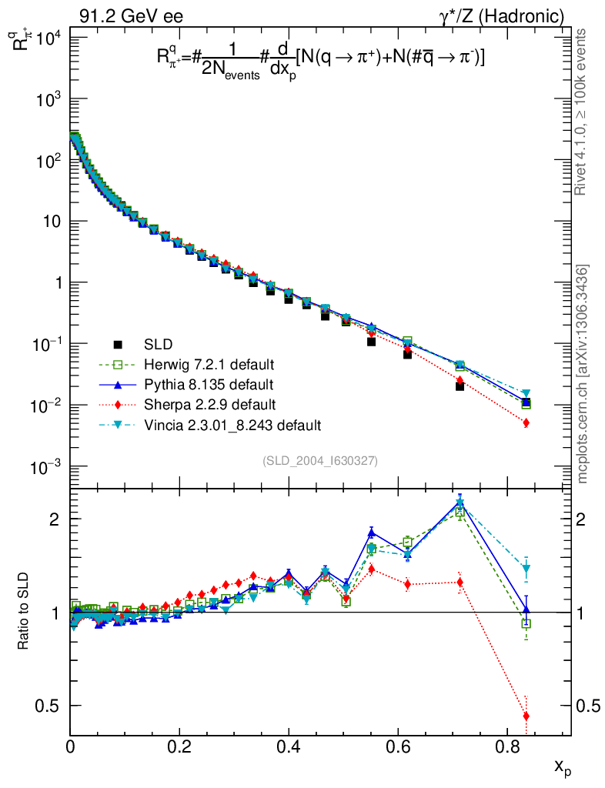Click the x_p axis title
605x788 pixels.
562,766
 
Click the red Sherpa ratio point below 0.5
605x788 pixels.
526,716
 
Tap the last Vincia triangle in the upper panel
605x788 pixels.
526,393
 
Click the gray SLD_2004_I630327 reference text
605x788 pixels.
319,460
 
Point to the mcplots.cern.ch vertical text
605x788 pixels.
583,374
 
